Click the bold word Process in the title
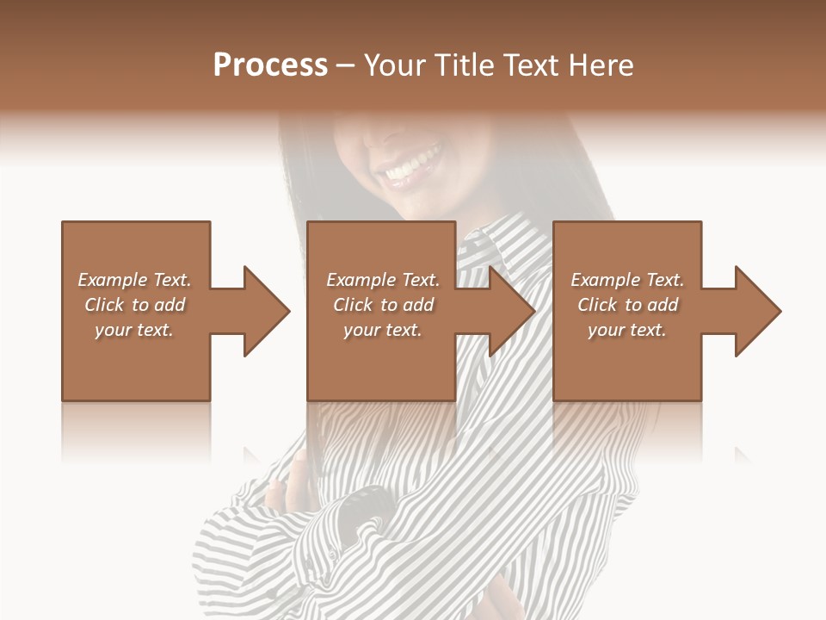pos(270,65)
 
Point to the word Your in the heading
pos(392,65)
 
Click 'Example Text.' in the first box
pos(134,280)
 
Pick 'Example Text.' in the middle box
pos(383,280)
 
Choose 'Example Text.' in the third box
pos(627,280)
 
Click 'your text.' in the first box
pos(134,330)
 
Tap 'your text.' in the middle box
pos(383,330)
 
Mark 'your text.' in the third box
pos(627,330)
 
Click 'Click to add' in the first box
pos(134,305)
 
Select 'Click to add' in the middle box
pos(383,305)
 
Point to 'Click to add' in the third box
pos(627,305)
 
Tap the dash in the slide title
pos(345,65)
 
